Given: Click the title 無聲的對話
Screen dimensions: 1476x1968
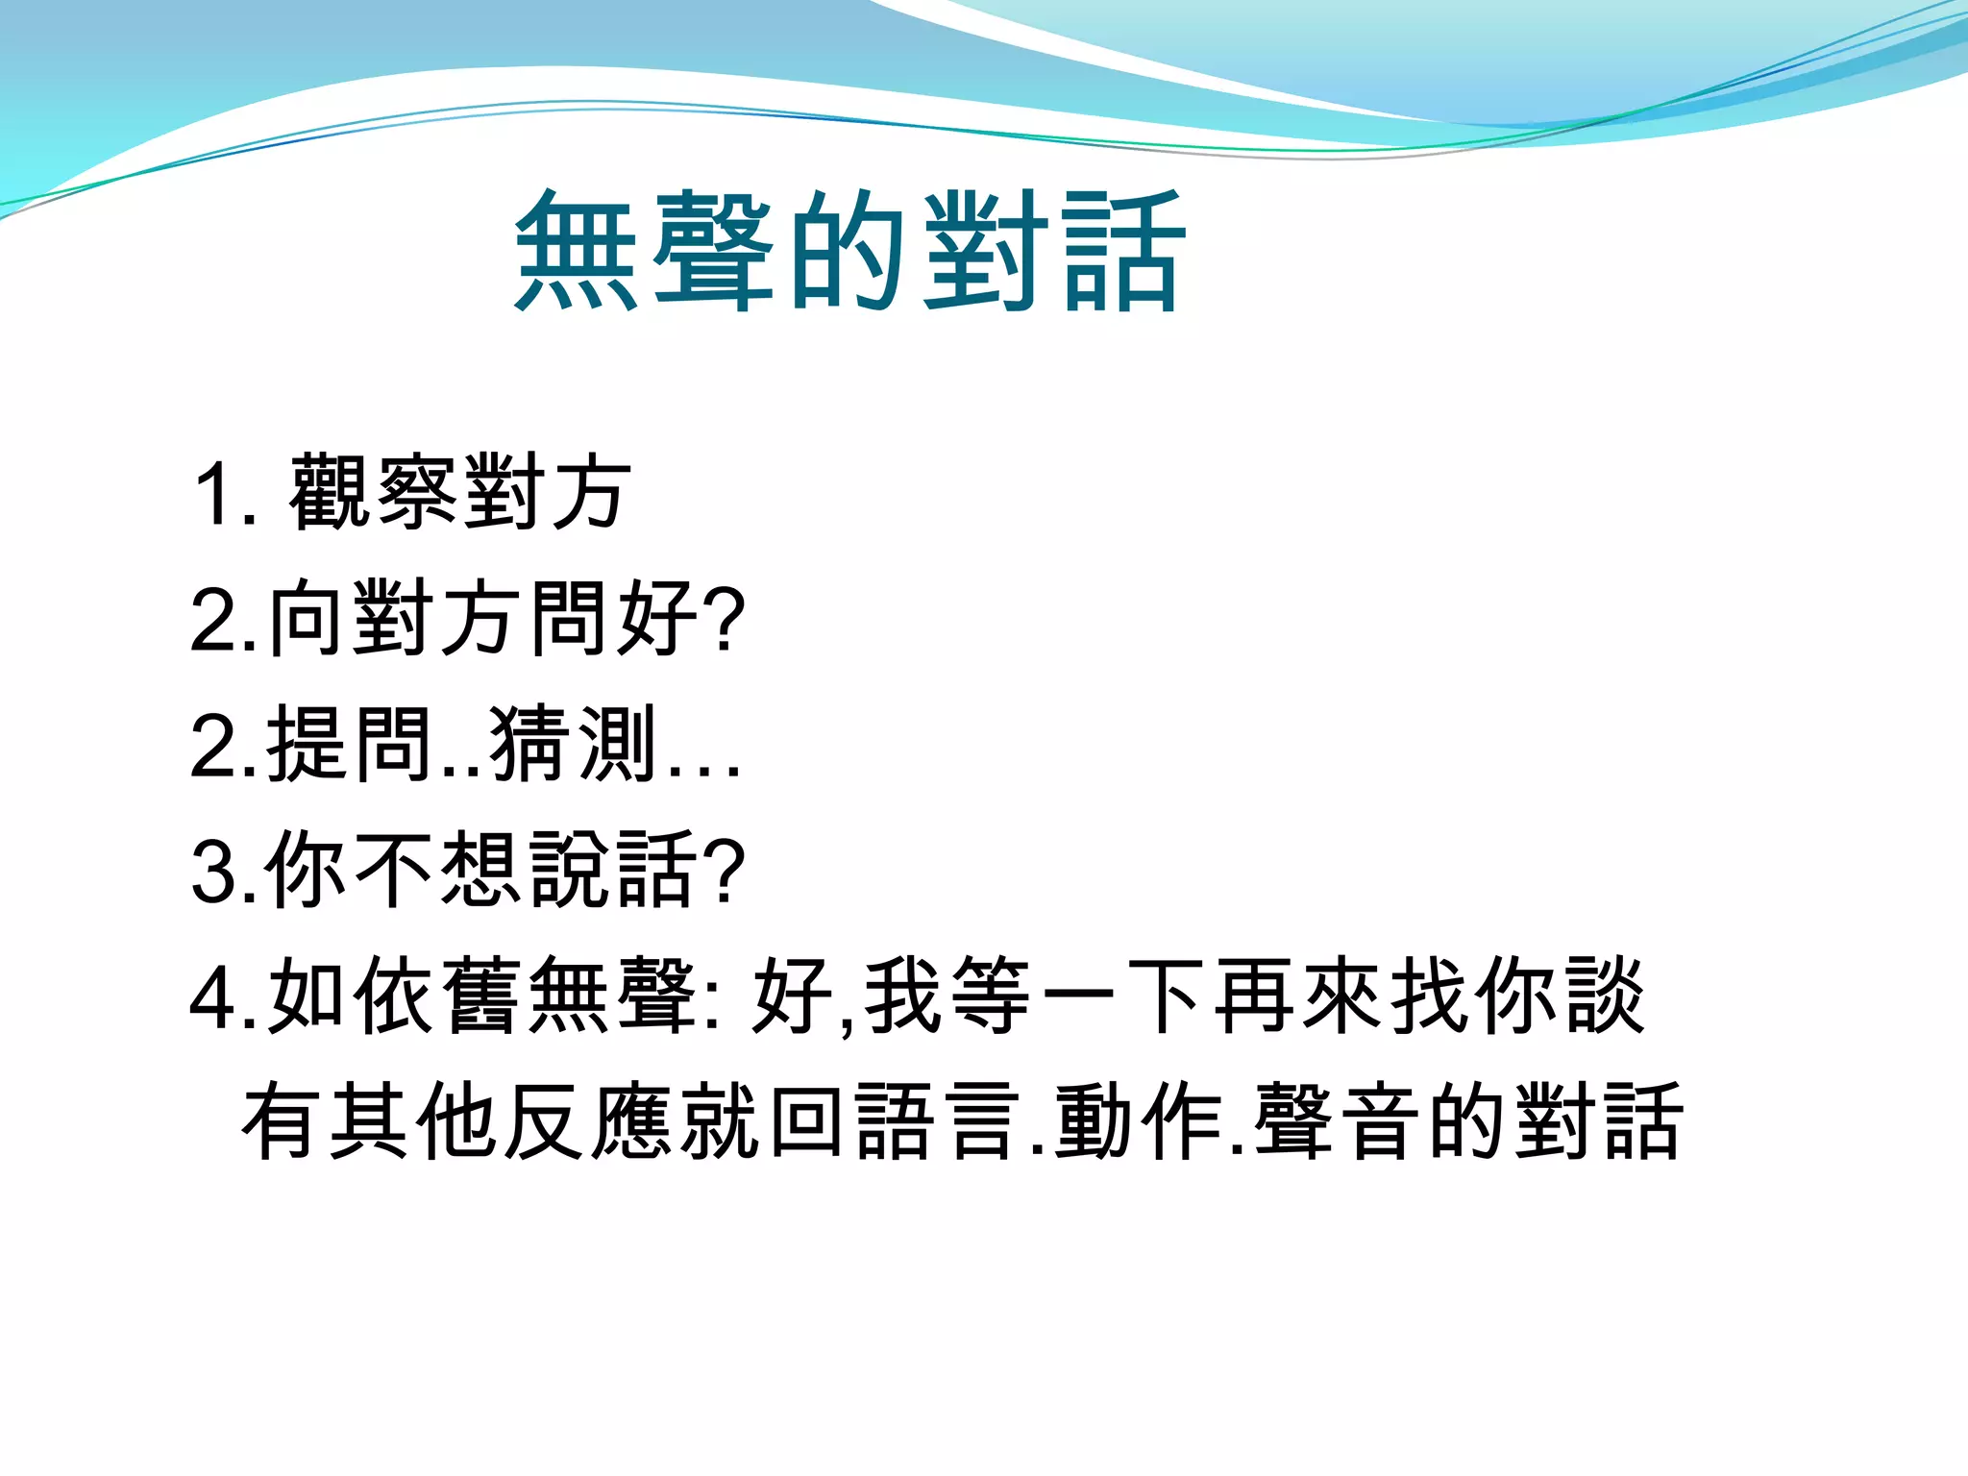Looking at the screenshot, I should pos(851,251).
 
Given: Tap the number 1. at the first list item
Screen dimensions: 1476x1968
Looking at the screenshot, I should pos(224,494).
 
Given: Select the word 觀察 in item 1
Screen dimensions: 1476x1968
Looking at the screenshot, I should pos(375,492).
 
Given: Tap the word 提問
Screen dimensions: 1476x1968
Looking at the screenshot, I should pos(350,744).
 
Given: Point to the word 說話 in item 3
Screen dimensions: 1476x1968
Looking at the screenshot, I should pos(615,870).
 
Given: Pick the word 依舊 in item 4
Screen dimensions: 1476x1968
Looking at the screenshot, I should pos(438,996).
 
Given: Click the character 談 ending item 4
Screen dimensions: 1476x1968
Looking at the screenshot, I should pos(1606,996).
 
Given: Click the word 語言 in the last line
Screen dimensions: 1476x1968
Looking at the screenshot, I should pos(938,1121).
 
